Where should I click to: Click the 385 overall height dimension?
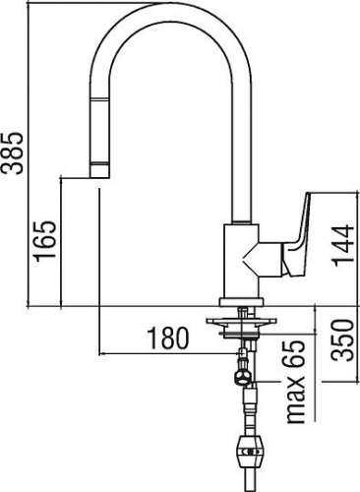coord(12,153)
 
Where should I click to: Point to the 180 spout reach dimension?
coord(168,338)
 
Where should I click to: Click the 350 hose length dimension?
coord(343,340)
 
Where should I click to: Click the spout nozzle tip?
coord(99,170)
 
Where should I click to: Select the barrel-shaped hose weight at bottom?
coord(250,452)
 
